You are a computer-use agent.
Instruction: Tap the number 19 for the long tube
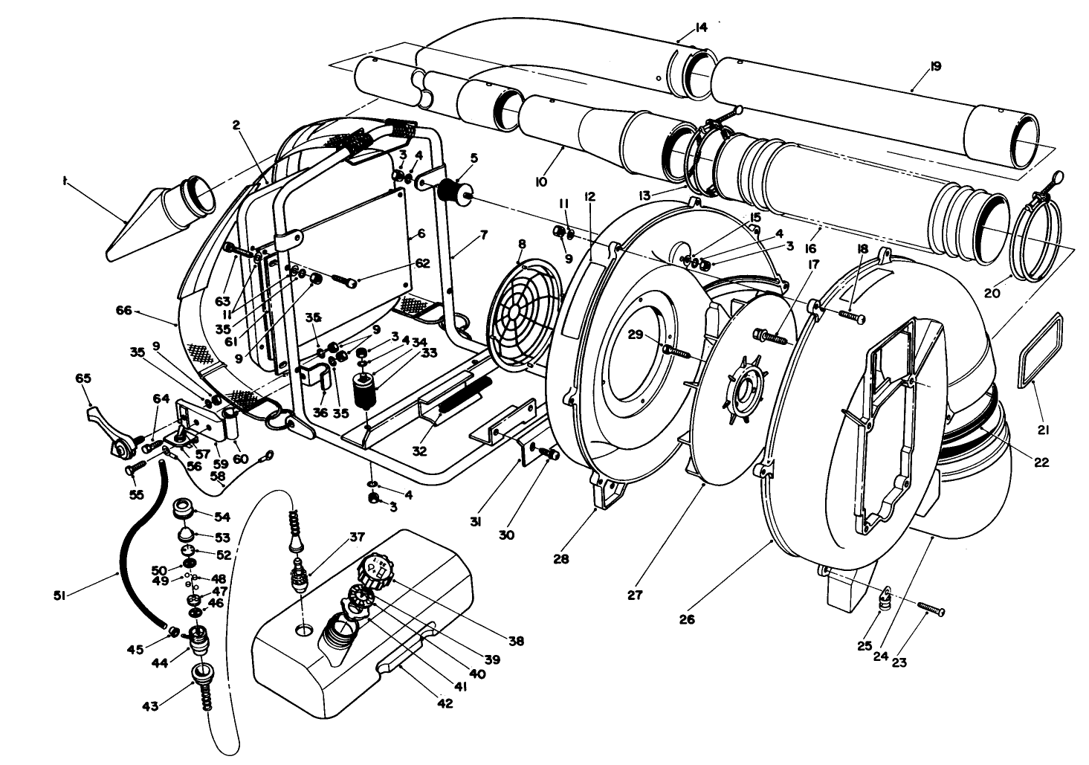[x=934, y=66]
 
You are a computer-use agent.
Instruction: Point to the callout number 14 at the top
[x=700, y=28]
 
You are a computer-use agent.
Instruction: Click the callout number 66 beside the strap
[x=124, y=311]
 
